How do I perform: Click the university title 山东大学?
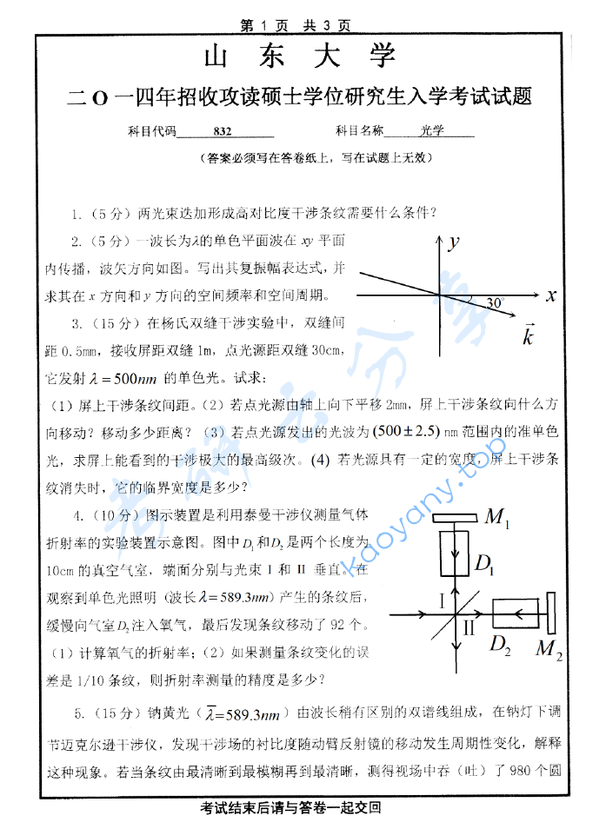tap(300, 56)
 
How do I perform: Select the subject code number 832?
tap(222, 131)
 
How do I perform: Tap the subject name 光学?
tap(431, 131)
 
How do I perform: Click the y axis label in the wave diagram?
tap(452, 244)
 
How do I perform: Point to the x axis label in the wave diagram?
tap(550, 296)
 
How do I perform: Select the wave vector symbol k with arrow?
tap(527, 335)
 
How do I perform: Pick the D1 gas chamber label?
tap(484, 566)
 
